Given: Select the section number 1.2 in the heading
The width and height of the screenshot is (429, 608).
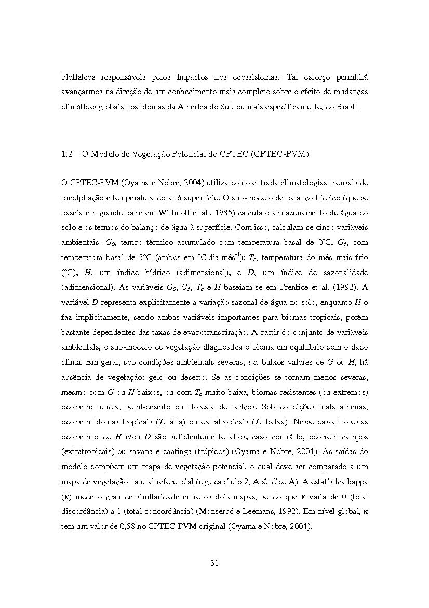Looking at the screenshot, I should click(x=66, y=154).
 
